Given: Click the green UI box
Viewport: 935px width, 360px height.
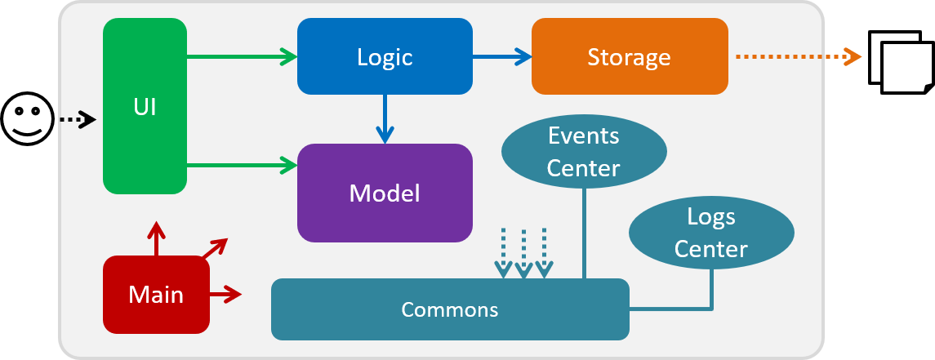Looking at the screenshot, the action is pos(145,106).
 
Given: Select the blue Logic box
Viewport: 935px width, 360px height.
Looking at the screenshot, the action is pos(385,56).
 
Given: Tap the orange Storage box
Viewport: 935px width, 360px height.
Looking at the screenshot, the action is pos(630,56).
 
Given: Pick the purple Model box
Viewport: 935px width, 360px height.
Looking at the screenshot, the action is pos(385,193).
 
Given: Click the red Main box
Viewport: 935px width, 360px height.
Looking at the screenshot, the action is pos(156,295).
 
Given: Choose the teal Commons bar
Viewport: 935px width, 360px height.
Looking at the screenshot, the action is pos(450,309).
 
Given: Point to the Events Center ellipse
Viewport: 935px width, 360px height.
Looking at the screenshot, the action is pos(584,152).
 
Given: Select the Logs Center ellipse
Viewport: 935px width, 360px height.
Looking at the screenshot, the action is pos(711,233).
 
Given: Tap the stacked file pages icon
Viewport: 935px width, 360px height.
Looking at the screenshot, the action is pos(902,63).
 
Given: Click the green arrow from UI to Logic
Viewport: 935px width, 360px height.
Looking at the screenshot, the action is pos(242,56).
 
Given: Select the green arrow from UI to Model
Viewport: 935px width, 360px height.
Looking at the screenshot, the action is pos(242,166).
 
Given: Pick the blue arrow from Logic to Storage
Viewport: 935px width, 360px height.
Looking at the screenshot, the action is pos(502,56).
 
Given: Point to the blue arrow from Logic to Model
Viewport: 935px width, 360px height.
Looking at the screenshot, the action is pos(385,118).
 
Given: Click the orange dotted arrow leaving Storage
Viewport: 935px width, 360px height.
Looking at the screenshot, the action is pos(799,56).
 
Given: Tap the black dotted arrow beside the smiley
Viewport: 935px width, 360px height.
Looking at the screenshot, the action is pos(77,120).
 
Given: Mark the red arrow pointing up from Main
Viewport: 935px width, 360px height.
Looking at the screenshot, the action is pos(156,238).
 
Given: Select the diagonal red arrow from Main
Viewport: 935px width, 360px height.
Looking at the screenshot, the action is pos(216,248).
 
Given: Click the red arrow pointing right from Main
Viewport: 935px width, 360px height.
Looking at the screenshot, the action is pos(225,294).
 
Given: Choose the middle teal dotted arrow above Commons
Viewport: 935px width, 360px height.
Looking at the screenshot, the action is pos(523,253).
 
